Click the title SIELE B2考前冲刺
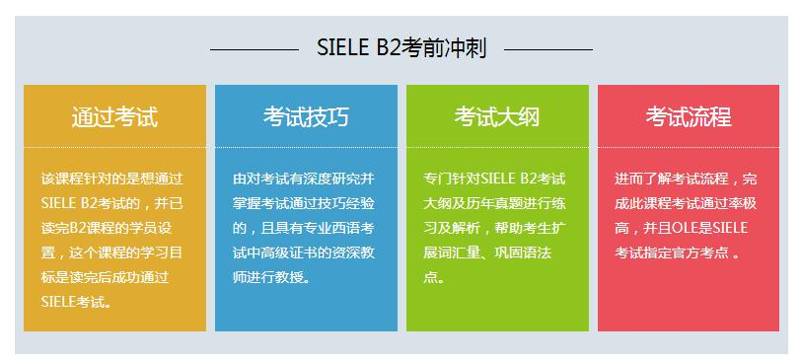click(x=401, y=48)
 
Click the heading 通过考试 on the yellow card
click(x=114, y=116)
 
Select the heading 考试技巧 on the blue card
click(x=306, y=116)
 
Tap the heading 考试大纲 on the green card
click(x=497, y=116)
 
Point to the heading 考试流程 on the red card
click(x=689, y=116)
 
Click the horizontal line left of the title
click(x=254, y=48)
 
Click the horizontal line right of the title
click(x=548, y=48)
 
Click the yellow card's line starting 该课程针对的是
click(x=111, y=179)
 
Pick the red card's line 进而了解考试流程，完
click(x=686, y=179)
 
